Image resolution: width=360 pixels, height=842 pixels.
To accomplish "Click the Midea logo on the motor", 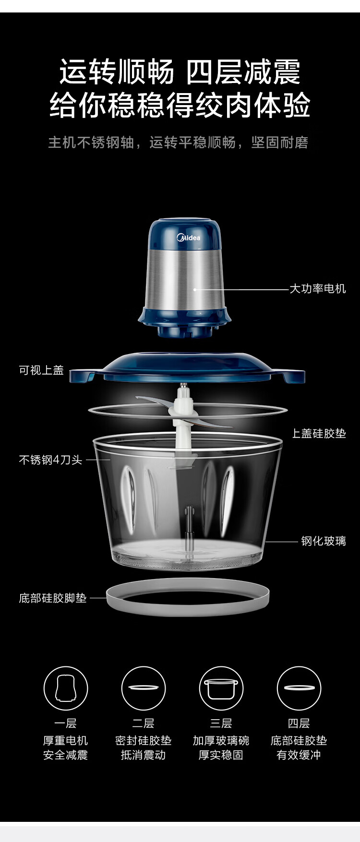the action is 188,237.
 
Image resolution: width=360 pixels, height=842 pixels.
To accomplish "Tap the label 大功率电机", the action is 317,288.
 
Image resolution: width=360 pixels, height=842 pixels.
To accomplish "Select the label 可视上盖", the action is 41,370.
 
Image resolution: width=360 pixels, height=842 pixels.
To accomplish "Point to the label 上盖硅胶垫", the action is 319,433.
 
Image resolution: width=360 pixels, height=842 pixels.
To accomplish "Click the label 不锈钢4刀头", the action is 50,460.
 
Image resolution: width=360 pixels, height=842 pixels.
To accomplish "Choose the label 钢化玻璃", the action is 324,541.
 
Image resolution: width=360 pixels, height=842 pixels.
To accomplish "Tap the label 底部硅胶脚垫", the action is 53,598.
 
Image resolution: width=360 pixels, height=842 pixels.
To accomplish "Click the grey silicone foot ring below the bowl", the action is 188,610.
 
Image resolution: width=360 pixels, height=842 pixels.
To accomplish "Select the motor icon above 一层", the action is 66,688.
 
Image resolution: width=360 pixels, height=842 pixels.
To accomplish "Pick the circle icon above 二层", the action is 143,688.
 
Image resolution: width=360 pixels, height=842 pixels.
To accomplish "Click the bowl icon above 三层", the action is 221,688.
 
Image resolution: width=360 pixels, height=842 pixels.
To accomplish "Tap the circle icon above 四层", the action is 299,688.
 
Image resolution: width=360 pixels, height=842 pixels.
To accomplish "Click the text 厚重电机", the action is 66,740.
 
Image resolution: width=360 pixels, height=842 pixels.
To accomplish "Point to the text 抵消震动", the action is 143,755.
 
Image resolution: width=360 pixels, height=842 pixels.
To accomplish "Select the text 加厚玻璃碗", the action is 221,740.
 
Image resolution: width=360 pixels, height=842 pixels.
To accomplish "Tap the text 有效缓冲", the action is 299,755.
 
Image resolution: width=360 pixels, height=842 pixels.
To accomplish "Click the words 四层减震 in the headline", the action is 243,72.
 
